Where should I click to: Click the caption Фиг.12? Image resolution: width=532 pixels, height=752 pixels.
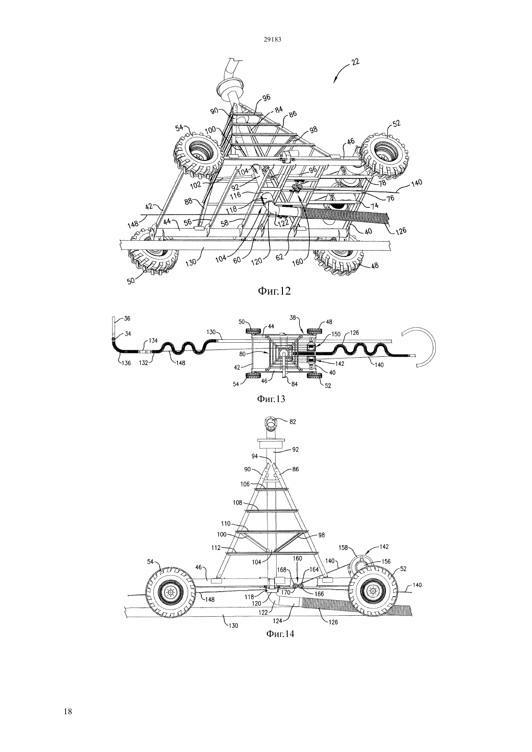click(274, 291)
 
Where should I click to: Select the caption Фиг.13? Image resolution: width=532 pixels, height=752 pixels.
click(271, 399)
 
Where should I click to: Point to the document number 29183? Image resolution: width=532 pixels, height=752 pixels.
click(272, 39)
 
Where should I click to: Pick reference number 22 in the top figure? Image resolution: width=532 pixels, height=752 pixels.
click(355, 62)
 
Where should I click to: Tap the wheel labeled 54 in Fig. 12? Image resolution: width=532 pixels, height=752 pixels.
click(198, 154)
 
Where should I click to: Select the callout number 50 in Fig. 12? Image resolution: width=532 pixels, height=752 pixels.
click(132, 280)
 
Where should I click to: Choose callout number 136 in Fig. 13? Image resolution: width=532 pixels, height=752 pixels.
click(126, 362)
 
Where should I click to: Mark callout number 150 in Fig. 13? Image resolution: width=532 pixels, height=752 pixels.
click(336, 334)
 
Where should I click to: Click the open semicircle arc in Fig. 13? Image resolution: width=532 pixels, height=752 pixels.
click(435, 347)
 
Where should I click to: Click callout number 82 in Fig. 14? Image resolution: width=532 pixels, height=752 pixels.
click(293, 421)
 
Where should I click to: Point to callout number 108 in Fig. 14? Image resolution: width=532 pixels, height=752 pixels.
click(237, 503)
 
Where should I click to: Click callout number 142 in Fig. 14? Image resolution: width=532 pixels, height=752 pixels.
click(384, 547)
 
